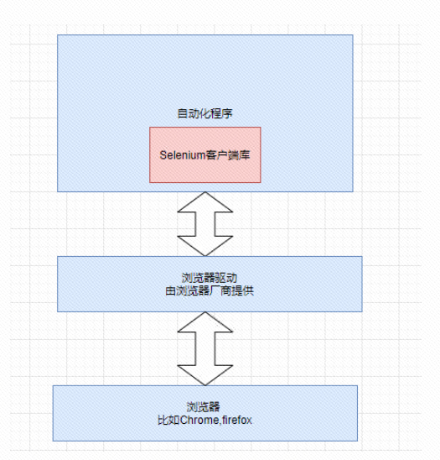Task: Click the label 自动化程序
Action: [204, 113]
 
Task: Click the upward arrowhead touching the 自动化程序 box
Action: [205, 201]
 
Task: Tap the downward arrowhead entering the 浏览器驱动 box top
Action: [205, 246]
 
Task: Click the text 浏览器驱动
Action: [205, 277]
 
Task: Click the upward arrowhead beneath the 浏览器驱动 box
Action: [205, 321]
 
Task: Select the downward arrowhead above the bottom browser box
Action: [205, 374]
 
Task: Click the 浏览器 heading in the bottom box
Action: [205, 406]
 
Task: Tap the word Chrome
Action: [199, 419]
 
